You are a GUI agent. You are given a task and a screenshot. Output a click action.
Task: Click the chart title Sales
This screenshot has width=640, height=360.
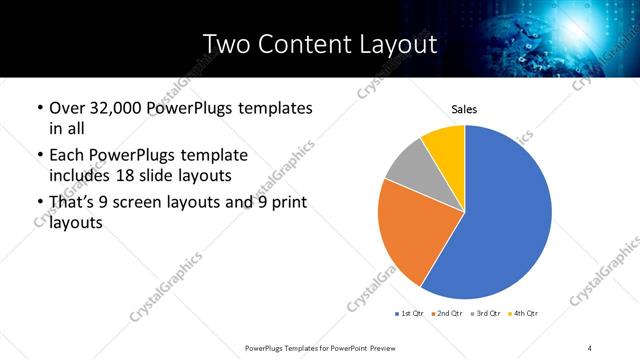coord(464,108)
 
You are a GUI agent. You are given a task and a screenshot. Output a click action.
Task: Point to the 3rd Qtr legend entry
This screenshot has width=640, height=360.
coord(483,313)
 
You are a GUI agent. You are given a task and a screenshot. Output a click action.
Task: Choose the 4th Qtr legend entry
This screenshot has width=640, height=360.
coord(522,313)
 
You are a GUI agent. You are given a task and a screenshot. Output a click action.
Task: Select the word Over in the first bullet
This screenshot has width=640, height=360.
coord(68,107)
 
